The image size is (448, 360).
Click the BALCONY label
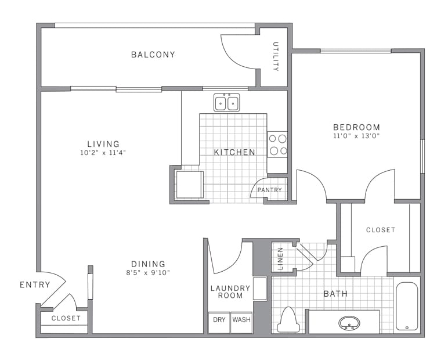[153, 55]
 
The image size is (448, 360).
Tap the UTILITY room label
[276, 56]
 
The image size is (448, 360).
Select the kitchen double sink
[227, 102]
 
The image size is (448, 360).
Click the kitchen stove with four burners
[277, 145]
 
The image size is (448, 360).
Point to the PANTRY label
[269, 190]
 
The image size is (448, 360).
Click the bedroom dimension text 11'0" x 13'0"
[356, 136]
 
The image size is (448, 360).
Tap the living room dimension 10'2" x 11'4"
[103, 153]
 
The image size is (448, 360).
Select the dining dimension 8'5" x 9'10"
[148, 272]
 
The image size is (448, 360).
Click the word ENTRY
[35, 285]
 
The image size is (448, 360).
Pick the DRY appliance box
[219, 322]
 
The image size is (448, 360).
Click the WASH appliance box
[241, 322]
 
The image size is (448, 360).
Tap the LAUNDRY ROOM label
[230, 291]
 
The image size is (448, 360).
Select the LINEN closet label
[280, 259]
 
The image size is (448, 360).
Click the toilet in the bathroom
[288, 320]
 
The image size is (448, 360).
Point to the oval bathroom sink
[349, 323]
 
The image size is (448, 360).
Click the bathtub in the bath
[407, 306]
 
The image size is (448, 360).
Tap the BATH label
[335, 294]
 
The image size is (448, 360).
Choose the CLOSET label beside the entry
[66, 318]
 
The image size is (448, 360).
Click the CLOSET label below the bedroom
[381, 230]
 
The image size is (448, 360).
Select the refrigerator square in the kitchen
[189, 185]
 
